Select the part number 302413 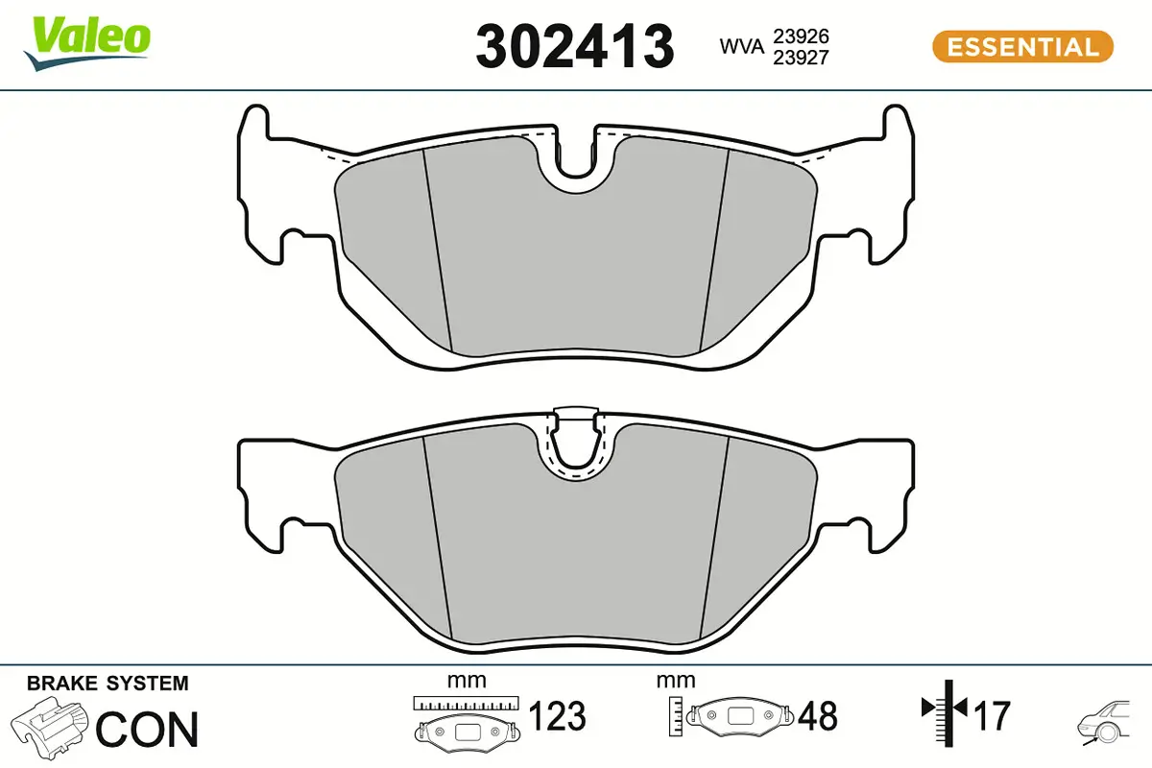[575, 45]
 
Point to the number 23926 [803, 36]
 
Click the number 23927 [803, 57]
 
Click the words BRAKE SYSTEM [108, 684]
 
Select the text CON [147, 730]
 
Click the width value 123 [558, 716]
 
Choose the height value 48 [817, 716]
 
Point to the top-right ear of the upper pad [897, 125]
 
